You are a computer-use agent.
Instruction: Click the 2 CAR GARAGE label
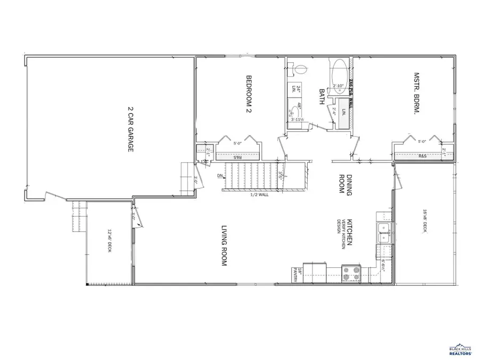tap(130, 129)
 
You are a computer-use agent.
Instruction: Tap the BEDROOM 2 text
tap(248, 95)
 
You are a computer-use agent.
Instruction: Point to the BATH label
tap(322, 98)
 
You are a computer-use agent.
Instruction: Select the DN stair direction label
tap(220, 175)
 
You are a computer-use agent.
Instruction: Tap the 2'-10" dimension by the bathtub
tap(338, 85)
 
